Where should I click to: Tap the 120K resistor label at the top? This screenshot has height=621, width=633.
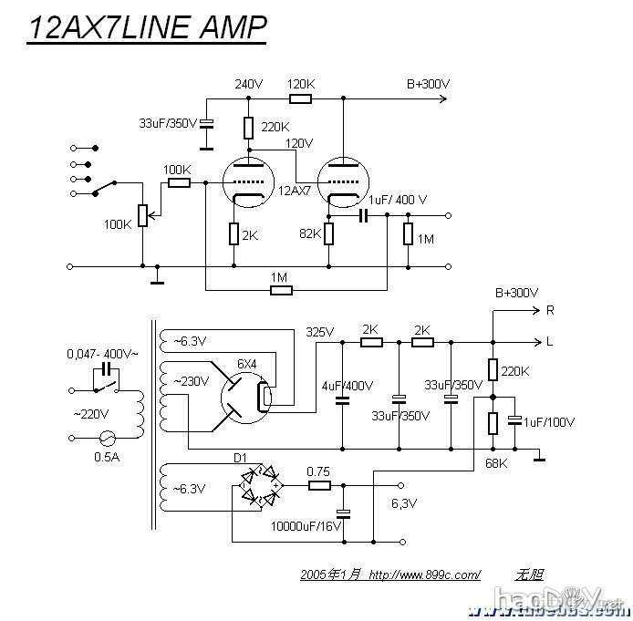click(300, 84)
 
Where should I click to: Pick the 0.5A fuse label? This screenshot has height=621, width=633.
click(106, 457)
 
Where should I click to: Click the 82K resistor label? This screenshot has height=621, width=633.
click(310, 234)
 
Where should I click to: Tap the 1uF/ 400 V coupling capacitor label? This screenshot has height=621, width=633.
click(398, 200)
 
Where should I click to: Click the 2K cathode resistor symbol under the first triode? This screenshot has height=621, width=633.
click(234, 234)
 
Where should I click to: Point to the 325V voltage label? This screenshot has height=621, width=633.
click(320, 331)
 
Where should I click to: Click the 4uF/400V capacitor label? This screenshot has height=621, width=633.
click(348, 386)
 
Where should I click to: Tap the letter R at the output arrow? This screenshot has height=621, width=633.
click(549, 310)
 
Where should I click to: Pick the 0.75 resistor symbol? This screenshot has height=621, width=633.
click(318, 486)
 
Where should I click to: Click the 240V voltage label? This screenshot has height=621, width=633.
click(248, 84)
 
